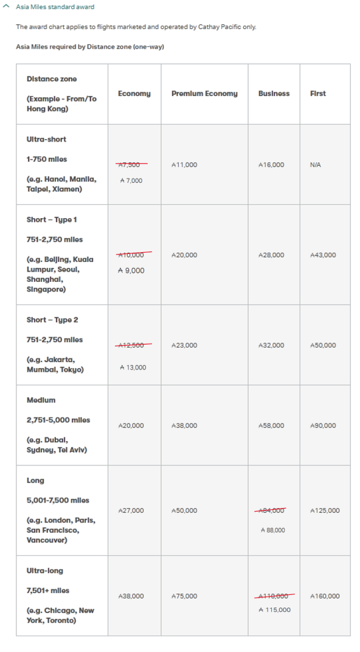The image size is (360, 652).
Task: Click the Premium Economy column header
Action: click(x=204, y=94)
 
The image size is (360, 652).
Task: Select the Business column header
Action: click(x=274, y=94)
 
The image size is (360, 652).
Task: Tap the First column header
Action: click(x=318, y=94)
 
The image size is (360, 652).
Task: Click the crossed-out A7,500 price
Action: click(x=131, y=165)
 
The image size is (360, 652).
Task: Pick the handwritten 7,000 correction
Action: click(x=131, y=180)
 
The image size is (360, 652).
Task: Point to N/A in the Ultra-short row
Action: click(x=315, y=165)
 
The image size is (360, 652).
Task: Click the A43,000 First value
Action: click(x=322, y=255)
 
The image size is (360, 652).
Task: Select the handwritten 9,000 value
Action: click(x=131, y=270)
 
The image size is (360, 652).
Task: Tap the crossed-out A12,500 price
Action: click(x=132, y=345)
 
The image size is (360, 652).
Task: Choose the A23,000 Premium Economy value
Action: click(x=184, y=345)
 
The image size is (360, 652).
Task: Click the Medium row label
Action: click(x=41, y=400)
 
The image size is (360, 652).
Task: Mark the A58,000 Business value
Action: click(x=271, y=425)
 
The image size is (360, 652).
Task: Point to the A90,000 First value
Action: click(x=322, y=425)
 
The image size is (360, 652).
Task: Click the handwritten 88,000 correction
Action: click(x=272, y=530)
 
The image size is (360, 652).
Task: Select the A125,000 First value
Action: click(x=325, y=510)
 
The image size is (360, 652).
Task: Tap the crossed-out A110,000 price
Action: click(x=273, y=596)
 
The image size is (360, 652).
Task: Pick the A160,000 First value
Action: click(x=325, y=596)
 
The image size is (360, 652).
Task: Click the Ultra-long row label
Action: click(x=45, y=571)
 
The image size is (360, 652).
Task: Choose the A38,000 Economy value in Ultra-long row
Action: click(x=131, y=596)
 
